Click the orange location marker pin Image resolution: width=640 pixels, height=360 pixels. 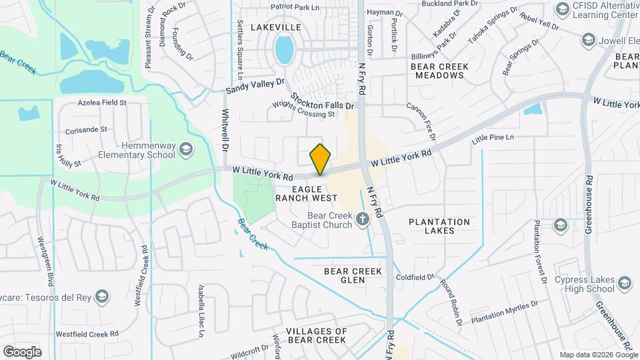point(320,159)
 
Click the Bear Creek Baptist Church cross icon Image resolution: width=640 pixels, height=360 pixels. point(362,218)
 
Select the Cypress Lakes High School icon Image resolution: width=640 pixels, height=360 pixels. point(624,283)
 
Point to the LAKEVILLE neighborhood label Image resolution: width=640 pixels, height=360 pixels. point(276,27)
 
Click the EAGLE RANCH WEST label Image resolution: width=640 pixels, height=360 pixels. point(305,194)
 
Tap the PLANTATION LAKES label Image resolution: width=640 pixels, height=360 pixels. point(439,226)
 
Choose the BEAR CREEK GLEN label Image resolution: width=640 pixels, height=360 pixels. point(353,275)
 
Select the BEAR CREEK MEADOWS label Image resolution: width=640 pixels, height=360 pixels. point(439,71)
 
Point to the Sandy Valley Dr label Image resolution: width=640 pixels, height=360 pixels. point(255,85)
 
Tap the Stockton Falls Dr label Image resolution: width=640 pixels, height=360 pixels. point(321,103)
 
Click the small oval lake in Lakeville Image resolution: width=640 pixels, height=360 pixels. point(284,49)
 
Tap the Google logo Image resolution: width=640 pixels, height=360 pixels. point(22,352)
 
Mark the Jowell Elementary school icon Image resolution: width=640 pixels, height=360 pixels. point(589,41)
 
